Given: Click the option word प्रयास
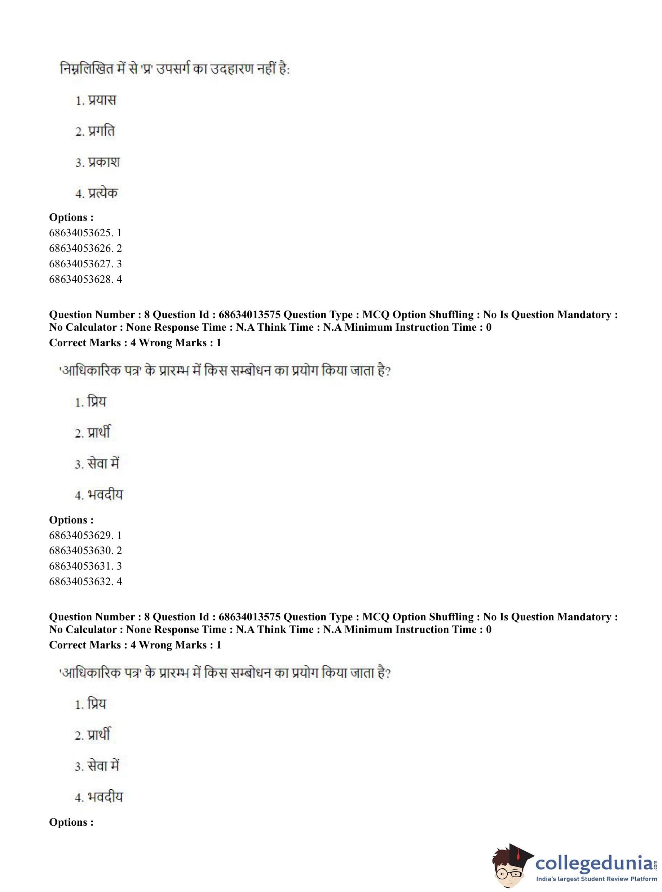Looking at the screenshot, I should [x=102, y=100].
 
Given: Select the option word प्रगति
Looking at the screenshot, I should [x=101, y=131].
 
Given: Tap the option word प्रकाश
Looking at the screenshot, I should [x=104, y=162].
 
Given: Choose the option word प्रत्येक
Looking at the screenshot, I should [x=103, y=193].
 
